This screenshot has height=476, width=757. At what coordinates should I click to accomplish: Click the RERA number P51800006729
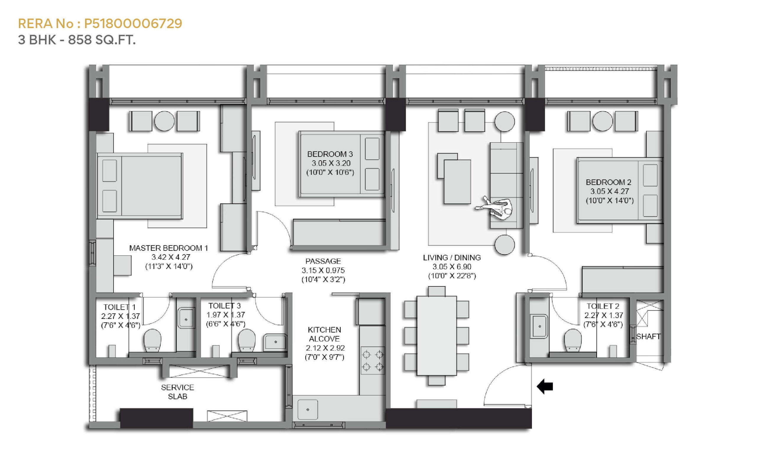133,24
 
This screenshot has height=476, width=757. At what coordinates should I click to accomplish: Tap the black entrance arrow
544,386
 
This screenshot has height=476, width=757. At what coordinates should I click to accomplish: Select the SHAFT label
648,337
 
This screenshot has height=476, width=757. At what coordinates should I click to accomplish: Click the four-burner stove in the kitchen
373,361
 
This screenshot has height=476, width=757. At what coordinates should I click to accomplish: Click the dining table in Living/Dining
436,335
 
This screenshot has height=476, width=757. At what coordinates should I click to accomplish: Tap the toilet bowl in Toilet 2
572,340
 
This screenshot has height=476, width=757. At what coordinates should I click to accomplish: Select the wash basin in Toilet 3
275,342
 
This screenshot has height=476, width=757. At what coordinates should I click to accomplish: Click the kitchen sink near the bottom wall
308,410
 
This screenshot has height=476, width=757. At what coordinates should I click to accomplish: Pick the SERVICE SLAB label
177,392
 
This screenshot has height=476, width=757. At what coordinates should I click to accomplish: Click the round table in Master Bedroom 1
164,121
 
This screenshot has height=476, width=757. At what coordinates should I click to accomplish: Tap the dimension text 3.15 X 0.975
323,270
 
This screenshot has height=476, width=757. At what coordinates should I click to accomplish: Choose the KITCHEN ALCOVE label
324,334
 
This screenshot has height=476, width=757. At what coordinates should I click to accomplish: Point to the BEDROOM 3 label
330,154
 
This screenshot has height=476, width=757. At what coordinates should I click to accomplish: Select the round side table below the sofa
504,244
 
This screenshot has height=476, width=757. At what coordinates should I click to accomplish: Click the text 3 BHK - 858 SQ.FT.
77,40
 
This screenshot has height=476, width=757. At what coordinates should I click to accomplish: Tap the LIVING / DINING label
452,257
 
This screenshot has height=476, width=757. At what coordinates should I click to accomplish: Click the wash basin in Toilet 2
539,327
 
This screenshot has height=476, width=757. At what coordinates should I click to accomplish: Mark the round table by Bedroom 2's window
602,121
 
